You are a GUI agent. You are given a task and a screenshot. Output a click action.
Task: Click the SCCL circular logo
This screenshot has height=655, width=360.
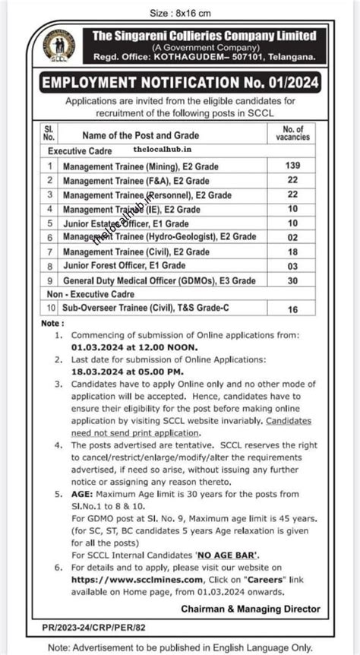(x=58, y=46)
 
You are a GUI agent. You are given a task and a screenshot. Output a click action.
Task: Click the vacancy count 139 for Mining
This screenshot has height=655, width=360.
(x=292, y=165)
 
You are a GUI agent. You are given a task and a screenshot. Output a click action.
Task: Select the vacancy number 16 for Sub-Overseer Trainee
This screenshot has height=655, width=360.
(x=292, y=309)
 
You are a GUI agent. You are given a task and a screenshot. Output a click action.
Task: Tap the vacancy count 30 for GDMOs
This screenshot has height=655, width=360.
(x=292, y=280)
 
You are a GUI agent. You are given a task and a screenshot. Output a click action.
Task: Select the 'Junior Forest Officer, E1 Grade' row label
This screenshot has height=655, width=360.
(x=125, y=266)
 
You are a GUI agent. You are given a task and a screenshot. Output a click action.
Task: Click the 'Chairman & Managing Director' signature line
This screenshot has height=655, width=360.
(x=250, y=609)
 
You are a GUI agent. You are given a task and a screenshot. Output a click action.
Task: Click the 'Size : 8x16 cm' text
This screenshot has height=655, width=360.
(x=179, y=13)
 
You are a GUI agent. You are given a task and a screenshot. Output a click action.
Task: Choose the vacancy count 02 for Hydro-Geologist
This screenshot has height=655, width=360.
(x=292, y=237)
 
